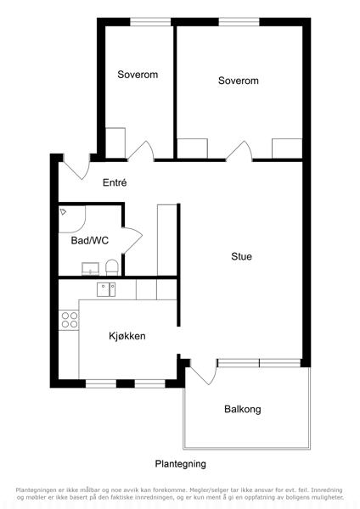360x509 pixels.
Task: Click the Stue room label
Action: click(x=241, y=256)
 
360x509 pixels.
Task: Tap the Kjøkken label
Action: click(x=127, y=336)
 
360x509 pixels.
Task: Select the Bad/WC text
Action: click(x=90, y=241)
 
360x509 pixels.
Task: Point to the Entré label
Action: click(x=115, y=182)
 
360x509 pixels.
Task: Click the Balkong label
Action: click(x=243, y=409)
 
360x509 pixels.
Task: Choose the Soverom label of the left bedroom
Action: click(x=138, y=75)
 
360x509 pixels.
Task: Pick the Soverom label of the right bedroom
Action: click(x=239, y=81)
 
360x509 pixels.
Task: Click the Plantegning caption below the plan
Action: click(x=180, y=464)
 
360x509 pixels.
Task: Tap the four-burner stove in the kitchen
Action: click(x=70, y=320)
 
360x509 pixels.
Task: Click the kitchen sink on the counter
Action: click(x=106, y=289)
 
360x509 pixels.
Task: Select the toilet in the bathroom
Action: click(x=112, y=267)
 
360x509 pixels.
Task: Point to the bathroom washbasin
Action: click(x=90, y=269)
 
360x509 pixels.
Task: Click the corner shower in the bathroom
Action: click(x=72, y=219)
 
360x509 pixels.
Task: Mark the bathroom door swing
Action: click(x=132, y=240)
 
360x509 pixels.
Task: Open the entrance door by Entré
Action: click(x=76, y=167)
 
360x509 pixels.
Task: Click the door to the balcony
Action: click(x=203, y=372)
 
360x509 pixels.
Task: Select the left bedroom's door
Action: click(x=141, y=151)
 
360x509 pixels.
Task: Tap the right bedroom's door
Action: click(x=239, y=151)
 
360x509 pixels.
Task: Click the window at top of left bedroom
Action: click(x=150, y=22)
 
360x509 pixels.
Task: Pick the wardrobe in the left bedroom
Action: click(x=115, y=143)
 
